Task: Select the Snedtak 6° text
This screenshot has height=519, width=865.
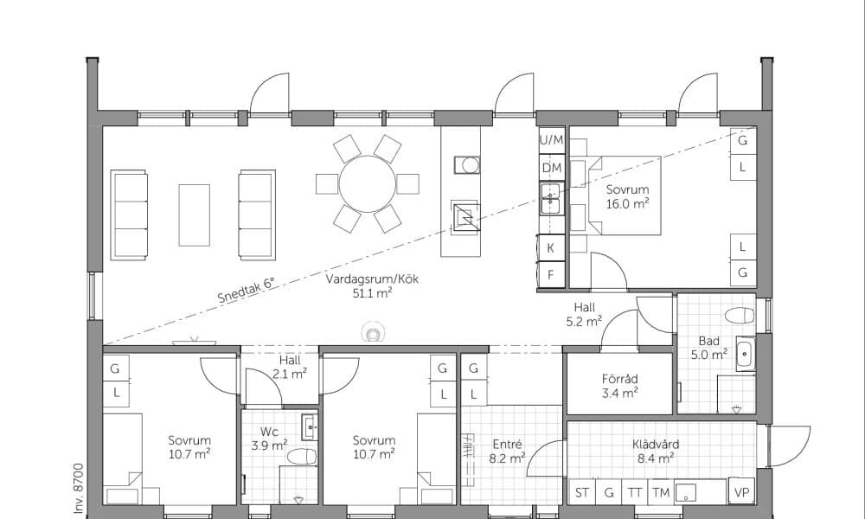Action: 246,291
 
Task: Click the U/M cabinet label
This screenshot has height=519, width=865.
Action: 552,140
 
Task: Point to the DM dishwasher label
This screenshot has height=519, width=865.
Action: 552,168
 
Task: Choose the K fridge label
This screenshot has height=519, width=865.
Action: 550,248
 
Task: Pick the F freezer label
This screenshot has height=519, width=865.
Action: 550,275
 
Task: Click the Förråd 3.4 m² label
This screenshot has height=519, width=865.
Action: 620,386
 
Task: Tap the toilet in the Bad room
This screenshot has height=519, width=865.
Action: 740,316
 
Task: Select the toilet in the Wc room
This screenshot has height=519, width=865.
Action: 302,457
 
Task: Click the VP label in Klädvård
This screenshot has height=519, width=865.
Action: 742,492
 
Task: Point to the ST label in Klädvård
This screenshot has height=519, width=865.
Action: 582,492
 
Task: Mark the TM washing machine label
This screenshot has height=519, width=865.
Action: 660,492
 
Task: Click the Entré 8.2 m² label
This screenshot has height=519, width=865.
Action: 507,451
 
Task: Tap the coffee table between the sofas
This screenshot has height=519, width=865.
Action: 194,215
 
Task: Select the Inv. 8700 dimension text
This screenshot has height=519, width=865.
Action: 79,490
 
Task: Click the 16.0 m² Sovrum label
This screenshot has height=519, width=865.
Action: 627,195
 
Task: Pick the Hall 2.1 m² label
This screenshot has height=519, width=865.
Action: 290,367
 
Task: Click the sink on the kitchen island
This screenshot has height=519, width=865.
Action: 467,165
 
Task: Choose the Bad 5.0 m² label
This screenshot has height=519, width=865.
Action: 709,348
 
